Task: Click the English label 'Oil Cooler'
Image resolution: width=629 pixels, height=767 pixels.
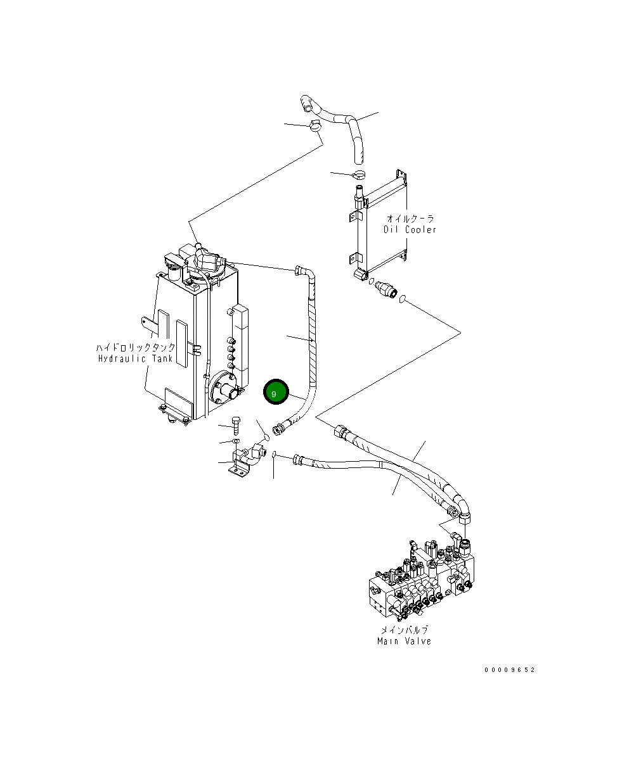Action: [410, 230]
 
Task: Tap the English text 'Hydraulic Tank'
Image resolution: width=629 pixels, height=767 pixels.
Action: [135, 358]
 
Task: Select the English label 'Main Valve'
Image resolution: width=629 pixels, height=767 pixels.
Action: [404, 641]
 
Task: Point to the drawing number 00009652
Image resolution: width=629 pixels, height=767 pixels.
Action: [510, 669]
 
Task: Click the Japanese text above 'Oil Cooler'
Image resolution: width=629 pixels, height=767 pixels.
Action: [410, 219]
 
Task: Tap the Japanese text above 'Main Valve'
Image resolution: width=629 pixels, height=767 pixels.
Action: [404, 630]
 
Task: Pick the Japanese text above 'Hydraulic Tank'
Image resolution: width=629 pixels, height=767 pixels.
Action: [136, 348]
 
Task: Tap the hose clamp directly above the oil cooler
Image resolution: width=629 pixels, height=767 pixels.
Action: [359, 175]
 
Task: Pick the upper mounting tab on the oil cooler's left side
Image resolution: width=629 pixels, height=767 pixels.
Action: [353, 217]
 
